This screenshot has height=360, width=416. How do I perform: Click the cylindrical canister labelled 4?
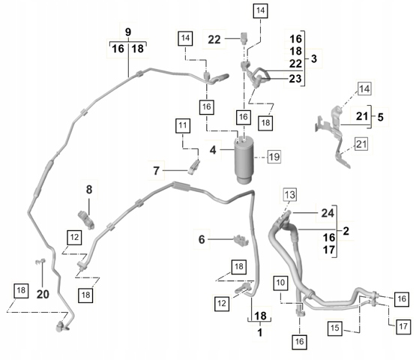click(244, 160)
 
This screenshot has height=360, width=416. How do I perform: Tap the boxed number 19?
click(274, 157)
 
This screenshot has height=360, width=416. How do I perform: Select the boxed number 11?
click(183, 125)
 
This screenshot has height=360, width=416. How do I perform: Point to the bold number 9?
click(128, 32)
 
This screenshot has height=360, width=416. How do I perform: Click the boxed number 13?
click(290, 194)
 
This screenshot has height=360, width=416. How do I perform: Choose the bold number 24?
click(328, 213)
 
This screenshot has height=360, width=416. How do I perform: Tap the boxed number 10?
click(280, 283)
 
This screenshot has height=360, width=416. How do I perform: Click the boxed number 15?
click(335, 328)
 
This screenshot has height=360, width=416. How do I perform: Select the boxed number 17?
click(403, 326)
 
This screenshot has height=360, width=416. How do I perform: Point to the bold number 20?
click(43, 295)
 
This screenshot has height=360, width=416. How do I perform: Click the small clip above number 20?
click(40, 262)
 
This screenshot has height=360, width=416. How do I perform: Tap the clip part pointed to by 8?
click(86, 219)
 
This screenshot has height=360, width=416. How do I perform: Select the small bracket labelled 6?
click(241, 240)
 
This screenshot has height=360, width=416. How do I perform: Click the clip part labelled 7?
click(194, 166)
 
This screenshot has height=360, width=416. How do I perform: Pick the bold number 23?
click(295, 79)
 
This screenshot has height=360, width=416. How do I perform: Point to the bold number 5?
click(381, 117)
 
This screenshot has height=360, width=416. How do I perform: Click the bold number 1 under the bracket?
click(260, 332)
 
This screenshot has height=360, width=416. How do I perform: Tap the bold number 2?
click(346, 231)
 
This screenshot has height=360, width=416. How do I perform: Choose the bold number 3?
click(314, 58)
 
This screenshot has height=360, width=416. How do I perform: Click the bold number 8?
click(89, 190)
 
